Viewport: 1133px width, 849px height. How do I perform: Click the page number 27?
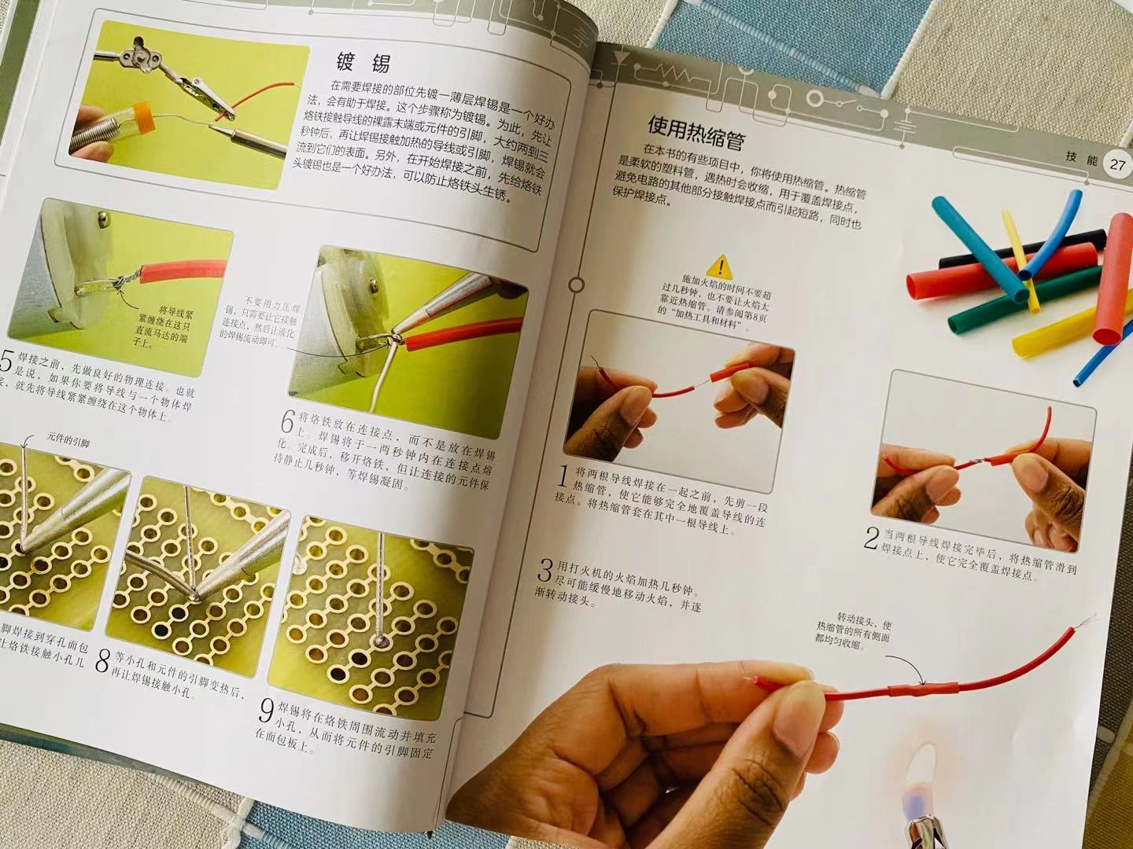click(x=1118, y=165)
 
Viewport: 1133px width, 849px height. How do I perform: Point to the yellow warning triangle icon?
click(x=718, y=266)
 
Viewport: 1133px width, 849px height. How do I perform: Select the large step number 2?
click(x=871, y=538)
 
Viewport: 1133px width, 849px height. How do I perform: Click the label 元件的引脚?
click(x=68, y=441)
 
